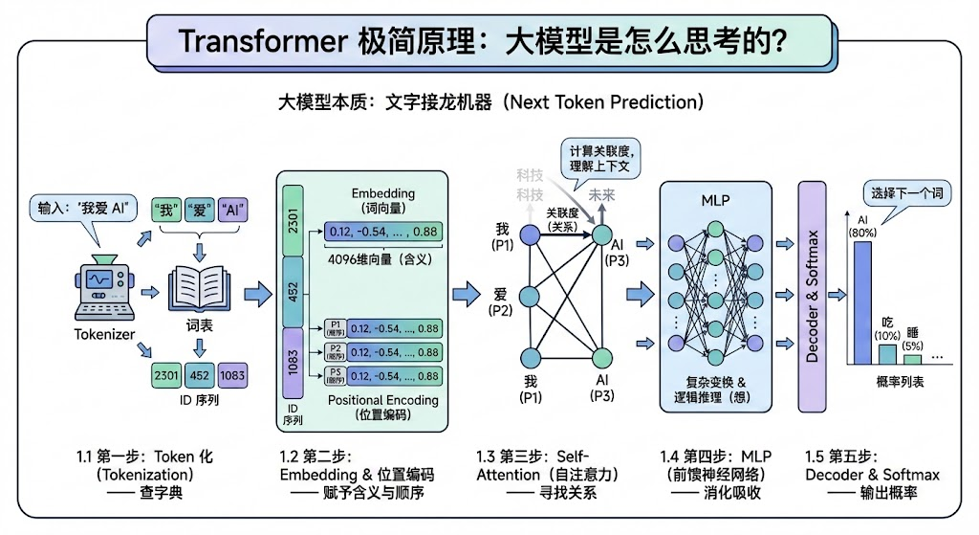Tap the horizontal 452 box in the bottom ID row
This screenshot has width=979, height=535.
click(199, 374)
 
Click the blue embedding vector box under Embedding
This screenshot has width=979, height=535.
click(382, 231)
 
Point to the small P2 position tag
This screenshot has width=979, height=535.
click(335, 351)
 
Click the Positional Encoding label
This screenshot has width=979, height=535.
click(382, 400)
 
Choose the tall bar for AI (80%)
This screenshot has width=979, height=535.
click(861, 301)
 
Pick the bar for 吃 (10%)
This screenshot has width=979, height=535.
click(888, 353)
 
